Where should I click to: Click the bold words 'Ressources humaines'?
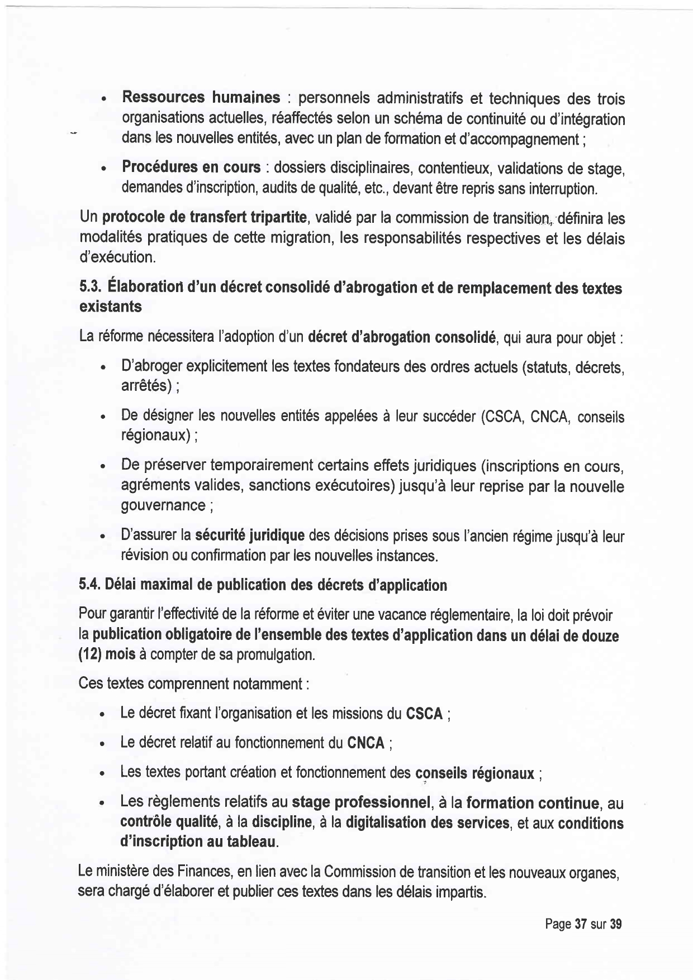tap(201, 98)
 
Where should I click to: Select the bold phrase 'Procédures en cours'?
tap(191, 167)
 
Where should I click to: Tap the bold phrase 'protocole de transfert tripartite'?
tap(205, 217)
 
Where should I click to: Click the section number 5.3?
tap(89, 288)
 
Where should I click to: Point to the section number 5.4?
tap(89, 585)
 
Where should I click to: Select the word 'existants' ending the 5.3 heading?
tap(111, 307)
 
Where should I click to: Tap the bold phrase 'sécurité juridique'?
tap(249, 536)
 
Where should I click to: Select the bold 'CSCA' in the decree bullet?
tap(424, 714)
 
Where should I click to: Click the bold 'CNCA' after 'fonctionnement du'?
tap(366, 743)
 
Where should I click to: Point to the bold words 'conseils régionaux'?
tap(474, 774)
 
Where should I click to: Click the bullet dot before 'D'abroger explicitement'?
tap(103, 369)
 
